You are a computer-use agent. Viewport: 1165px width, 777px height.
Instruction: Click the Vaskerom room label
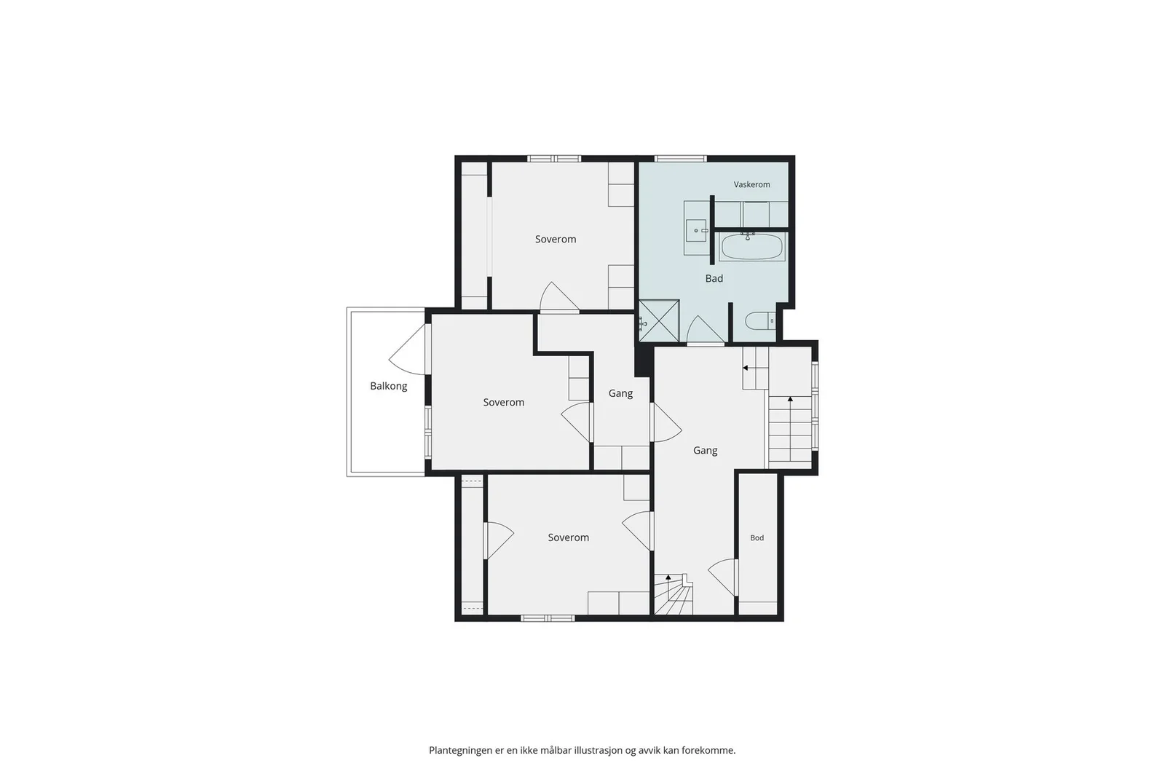click(x=751, y=185)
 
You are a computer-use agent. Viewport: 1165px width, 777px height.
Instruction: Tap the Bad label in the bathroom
click(x=714, y=279)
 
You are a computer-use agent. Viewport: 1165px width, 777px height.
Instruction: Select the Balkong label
click(x=389, y=387)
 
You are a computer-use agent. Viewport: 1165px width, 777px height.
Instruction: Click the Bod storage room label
click(x=757, y=537)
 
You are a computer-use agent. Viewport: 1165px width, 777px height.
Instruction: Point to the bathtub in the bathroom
click(x=752, y=247)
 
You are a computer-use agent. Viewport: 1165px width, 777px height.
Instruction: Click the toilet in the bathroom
click(x=760, y=321)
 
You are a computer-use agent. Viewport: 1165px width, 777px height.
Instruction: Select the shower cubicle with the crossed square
click(x=659, y=321)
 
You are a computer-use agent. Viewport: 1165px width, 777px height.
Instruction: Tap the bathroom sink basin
click(x=696, y=230)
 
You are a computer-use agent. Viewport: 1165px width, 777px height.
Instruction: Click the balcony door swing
click(x=408, y=350)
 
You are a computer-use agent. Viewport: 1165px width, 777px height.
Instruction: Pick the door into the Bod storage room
click(x=724, y=577)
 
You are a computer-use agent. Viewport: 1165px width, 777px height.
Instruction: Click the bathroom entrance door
click(x=706, y=331)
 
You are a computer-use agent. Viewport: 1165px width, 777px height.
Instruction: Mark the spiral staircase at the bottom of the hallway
click(x=674, y=594)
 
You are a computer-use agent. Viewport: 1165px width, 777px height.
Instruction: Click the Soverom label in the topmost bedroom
click(x=556, y=240)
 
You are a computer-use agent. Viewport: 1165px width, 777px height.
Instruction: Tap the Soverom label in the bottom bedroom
click(x=569, y=537)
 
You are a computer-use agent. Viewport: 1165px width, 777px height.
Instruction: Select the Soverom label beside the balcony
click(x=503, y=403)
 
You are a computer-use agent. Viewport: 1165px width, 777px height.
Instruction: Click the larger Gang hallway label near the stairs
click(x=706, y=451)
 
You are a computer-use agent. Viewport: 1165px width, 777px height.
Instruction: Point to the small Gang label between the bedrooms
click(x=620, y=394)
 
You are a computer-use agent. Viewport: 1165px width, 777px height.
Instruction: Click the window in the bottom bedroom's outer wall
click(x=548, y=618)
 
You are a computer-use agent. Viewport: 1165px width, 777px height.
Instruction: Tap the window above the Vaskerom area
click(x=680, y=159)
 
